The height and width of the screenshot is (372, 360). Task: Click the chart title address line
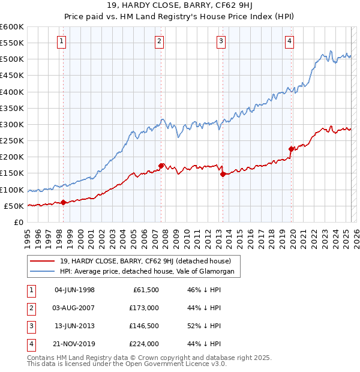[179, 7]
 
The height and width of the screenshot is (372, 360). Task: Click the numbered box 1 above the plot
[62, 41]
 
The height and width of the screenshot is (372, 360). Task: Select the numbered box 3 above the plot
[221, 41]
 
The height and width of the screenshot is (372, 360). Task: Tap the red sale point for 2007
[161, 166]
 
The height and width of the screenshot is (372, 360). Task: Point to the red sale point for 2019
[291, 149]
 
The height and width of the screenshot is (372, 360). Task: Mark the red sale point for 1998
[63, 202]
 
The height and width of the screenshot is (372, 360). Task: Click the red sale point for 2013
[223, 175]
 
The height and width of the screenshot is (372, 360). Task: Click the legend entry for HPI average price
[150, 272]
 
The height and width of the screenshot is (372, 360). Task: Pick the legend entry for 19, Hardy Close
[149, 261]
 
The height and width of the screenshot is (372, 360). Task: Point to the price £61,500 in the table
[145, 290]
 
